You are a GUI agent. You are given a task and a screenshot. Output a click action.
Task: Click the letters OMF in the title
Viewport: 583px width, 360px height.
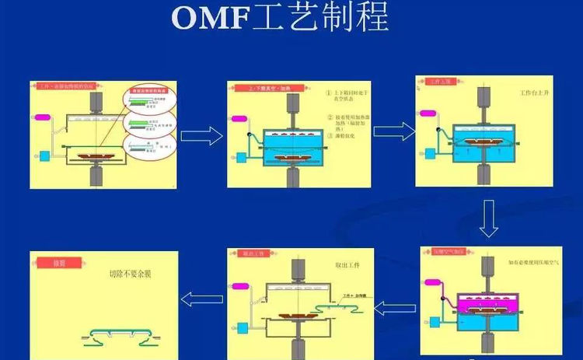click(x=208, y=18)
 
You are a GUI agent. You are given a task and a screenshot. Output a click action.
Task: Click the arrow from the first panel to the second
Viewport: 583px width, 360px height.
click(x=201, y=137)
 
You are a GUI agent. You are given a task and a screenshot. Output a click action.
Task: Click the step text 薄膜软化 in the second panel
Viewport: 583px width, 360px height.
click(x=348, y=135)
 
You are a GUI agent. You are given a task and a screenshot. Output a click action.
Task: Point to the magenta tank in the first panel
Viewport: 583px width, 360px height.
click(x=42, y=117)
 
